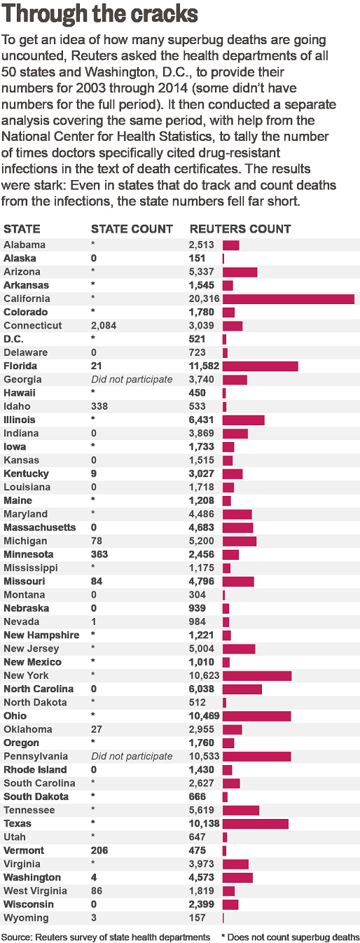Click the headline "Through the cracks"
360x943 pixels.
99,13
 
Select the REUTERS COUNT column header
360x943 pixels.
240,229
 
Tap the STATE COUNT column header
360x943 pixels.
132,229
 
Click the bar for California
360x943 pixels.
289,299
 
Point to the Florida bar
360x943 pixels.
261,366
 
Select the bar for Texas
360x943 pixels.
256,823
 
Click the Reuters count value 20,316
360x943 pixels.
205,299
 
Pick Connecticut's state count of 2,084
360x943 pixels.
104,326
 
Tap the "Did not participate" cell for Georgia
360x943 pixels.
132,380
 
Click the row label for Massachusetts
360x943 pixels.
40,528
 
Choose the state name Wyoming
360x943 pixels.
26,918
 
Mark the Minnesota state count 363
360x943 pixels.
99,554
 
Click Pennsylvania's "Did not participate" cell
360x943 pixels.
132,756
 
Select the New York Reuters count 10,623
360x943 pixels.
205,675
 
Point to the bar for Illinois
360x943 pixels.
243,420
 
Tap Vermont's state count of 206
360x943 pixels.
99,851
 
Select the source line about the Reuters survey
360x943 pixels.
106,937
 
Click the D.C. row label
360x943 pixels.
13,339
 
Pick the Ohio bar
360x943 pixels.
257,716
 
